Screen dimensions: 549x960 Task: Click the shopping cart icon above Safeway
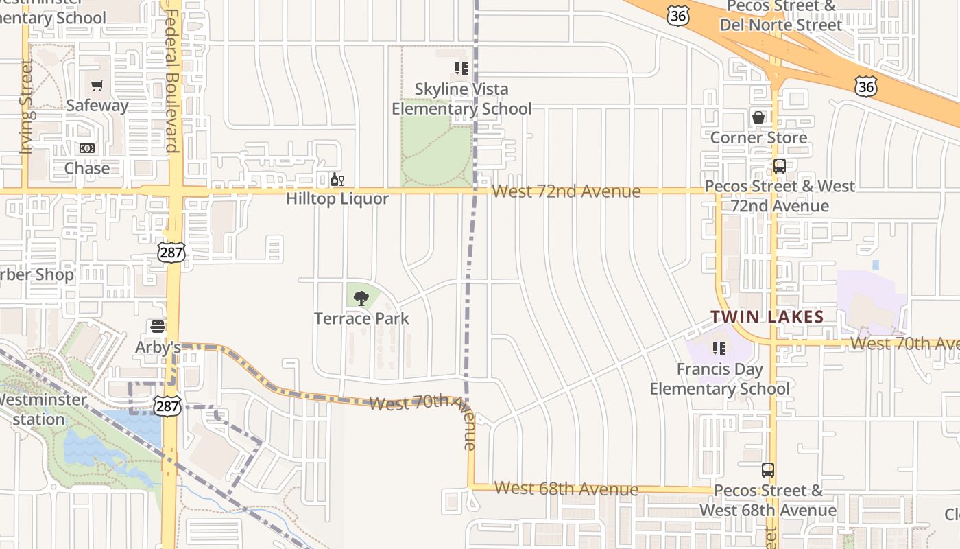[x=97, y=86]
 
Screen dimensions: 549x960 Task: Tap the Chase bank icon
[x=87, y=148]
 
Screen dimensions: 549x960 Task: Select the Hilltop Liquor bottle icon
[x=337, y=180]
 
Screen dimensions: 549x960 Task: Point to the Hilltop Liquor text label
[x=337, y=199]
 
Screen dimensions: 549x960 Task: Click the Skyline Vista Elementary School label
[x=461, y=99]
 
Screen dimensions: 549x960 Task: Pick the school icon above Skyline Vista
[x=461, y=69]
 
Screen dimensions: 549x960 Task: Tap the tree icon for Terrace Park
[x=361, y=299]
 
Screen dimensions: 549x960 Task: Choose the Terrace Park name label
[x=361, y=318]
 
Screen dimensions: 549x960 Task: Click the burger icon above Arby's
[x=158, y=327]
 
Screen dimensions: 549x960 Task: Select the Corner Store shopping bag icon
[x=758, y=117]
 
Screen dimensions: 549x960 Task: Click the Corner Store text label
[x=758, y=138]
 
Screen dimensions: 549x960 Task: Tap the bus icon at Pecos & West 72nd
[x=779, y=166]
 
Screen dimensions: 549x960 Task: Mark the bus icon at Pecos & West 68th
[x=768, y=471]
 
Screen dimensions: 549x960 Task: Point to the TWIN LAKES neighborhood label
[x=767, y=317]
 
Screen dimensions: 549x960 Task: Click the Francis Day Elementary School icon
[x=719, y=349]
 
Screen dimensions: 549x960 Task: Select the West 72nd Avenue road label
[x=566, y=191]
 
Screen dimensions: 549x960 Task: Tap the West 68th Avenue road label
[x=566, y=489]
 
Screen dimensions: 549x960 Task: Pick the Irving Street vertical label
[x=27, y=106]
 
